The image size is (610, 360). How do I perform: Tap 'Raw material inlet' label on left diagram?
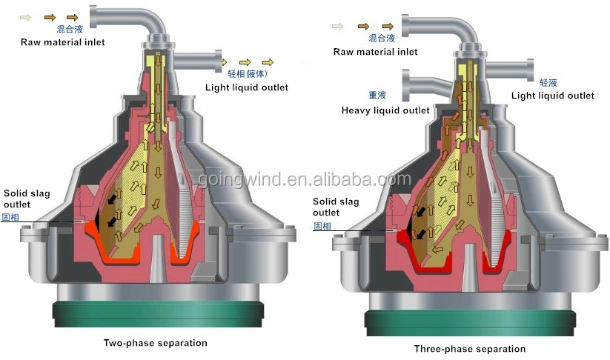62,42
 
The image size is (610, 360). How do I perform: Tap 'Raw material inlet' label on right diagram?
376,52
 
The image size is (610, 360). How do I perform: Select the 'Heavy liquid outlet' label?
385,110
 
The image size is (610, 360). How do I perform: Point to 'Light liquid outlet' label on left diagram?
247,87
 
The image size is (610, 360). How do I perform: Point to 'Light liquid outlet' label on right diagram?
553,96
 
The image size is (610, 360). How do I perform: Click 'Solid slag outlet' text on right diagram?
335,207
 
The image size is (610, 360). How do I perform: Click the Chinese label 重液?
377,95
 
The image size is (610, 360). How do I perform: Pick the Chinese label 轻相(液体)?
251,74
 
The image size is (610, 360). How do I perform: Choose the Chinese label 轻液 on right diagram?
548,83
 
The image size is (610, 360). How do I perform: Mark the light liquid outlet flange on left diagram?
218,63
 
